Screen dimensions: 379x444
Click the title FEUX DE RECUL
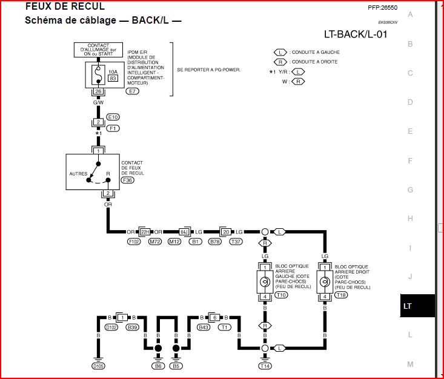pyautogui.click(x=64, y=7)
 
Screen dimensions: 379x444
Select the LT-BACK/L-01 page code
pyautogui.click(x=355, y=34)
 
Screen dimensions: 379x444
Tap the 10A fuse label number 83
pyautogui.click(x=113, y=78)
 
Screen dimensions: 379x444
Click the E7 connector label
pyautogui.click(x=132, y=91)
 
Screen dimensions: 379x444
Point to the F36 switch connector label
pyautogui.click(x=128, y=180)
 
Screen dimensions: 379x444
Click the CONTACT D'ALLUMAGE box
pyautogui.click(x=98, y=49)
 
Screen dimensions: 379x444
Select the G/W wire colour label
pyautogui.click(x=98, y=102)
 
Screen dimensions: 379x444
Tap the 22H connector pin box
pyautogui.click(x=145, y=232)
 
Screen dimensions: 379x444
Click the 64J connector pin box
pyautogui.click(x=184, y=232)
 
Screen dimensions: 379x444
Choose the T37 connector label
pyautogui.click(x=236, y=242)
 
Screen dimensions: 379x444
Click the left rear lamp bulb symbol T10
pyautogui.click(x=265, y=282)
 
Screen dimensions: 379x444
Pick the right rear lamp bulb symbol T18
pyautogui.click(x=325, y=282)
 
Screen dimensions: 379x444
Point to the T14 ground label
pyautogui.click(x=265, y=366)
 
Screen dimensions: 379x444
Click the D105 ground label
pyautogui.click(x=98, y=366)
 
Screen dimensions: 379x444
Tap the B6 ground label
pyautogui.click(x=158, y=366)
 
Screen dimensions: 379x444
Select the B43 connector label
pyautogui.click(x=204, y=327)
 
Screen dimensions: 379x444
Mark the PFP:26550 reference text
pyautogui.click(x=382, y=8)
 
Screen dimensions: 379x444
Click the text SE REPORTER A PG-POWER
pyautogui.click(x=208, y=70)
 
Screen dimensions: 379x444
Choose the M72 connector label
pyautogui.click(x=155, y=242)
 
